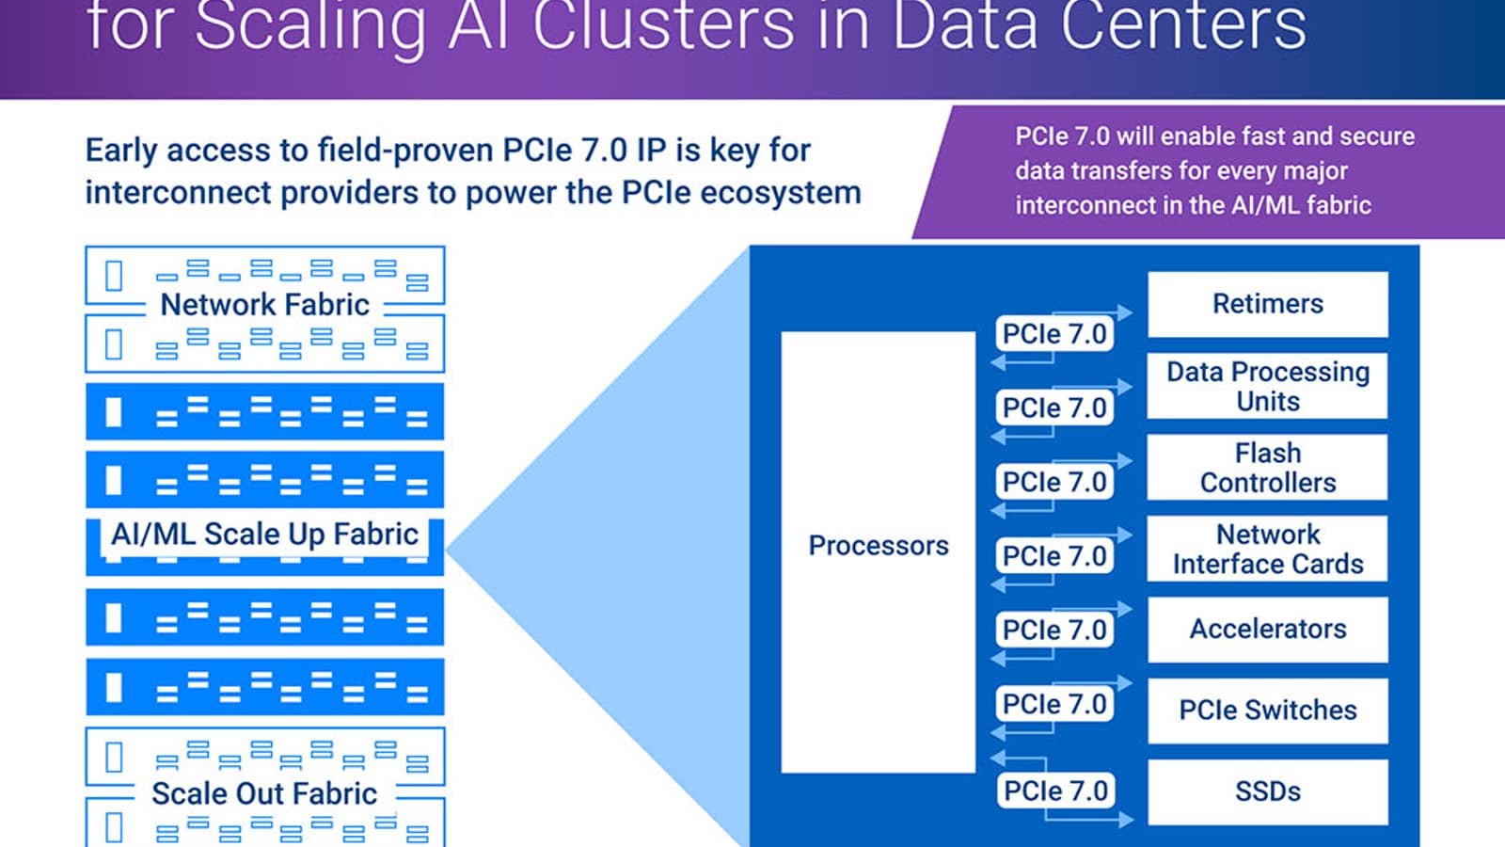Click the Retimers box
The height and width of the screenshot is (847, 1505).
(x=1267, y=304)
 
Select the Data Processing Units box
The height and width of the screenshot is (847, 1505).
(x=1267, y=386)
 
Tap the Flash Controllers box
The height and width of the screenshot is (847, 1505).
(x=1267, y=468)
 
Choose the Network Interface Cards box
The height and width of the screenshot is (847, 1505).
(x=1267, y=549)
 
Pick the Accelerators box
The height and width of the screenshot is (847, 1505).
(x=1267, y=629)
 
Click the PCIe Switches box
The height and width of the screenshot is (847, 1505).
(x=1267, y=711)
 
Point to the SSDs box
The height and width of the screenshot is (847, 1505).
(x=1267, y=791)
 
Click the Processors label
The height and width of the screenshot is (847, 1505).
(x=878, y=546)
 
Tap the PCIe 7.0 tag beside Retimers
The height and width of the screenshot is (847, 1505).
(x=1054, y=334)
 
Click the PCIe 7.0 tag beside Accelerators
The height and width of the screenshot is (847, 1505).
(x=1054, y=630)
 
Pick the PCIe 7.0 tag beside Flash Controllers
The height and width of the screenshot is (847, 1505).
(x=1054, y=482)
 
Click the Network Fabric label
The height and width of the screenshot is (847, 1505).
(x=264, y=305)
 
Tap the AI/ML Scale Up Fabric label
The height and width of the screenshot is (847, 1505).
(x=264, y=535)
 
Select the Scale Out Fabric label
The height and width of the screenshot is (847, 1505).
(x=264, y=793)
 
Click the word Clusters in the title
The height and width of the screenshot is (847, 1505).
(x=663, y=26)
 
